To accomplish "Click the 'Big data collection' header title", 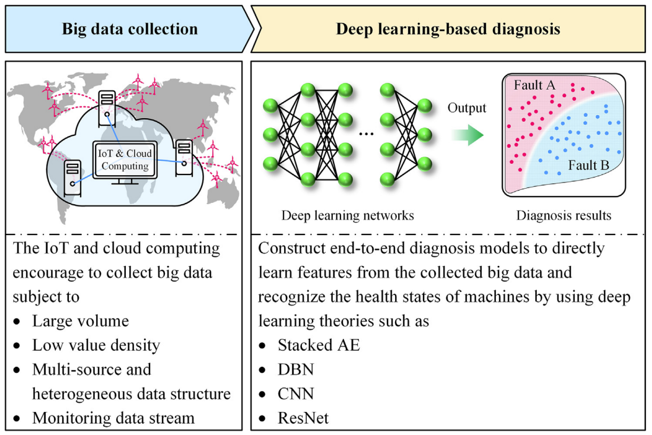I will coord(129,29).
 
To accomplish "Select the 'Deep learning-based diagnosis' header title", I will coord(448,29).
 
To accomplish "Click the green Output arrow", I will coord(467,135).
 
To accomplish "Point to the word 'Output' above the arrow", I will coord(467,108).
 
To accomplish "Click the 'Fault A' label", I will coord(535,86).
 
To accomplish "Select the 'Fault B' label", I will coord(588,166).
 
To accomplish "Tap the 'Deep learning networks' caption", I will coord(348,215).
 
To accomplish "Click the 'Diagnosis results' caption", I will coord(564,215).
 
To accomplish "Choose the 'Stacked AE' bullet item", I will coord(319,345).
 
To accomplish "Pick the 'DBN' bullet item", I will coord(295,369).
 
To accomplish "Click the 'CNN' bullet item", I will coord(296,393).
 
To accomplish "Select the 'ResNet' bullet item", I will coord(303,418).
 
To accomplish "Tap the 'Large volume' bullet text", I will coord(80,321).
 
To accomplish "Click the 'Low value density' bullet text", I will coord(96,345).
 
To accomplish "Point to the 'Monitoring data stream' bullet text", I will coord(113,418).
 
